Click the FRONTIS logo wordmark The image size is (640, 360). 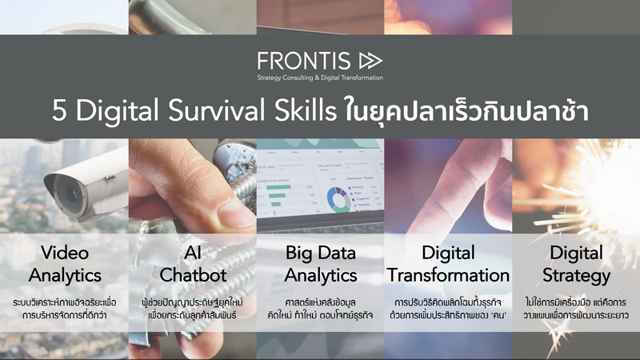pos(304,61)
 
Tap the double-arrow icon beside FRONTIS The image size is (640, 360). pos(370,61)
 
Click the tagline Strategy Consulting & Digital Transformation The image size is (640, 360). pos(320,78)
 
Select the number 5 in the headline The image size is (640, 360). pos(59,111)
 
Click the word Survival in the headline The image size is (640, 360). pos(217,110)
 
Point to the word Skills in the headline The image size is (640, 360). pos(306,110)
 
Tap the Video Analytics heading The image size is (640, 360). pos(65,264)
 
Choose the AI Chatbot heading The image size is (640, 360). pos(193,264)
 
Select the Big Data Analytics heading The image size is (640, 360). pos(321,264)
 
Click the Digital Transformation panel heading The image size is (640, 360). pos(448,264)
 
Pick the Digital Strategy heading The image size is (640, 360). pos(576,264)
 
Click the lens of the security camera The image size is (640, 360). pos(70,192)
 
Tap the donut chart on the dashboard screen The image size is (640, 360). pos(338,199)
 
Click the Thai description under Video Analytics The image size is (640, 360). pos(65,309)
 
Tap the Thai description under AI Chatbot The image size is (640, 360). pos(193,309)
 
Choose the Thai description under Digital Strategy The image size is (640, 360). pos(576,309)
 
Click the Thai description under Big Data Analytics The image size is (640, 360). pos(321,309)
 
